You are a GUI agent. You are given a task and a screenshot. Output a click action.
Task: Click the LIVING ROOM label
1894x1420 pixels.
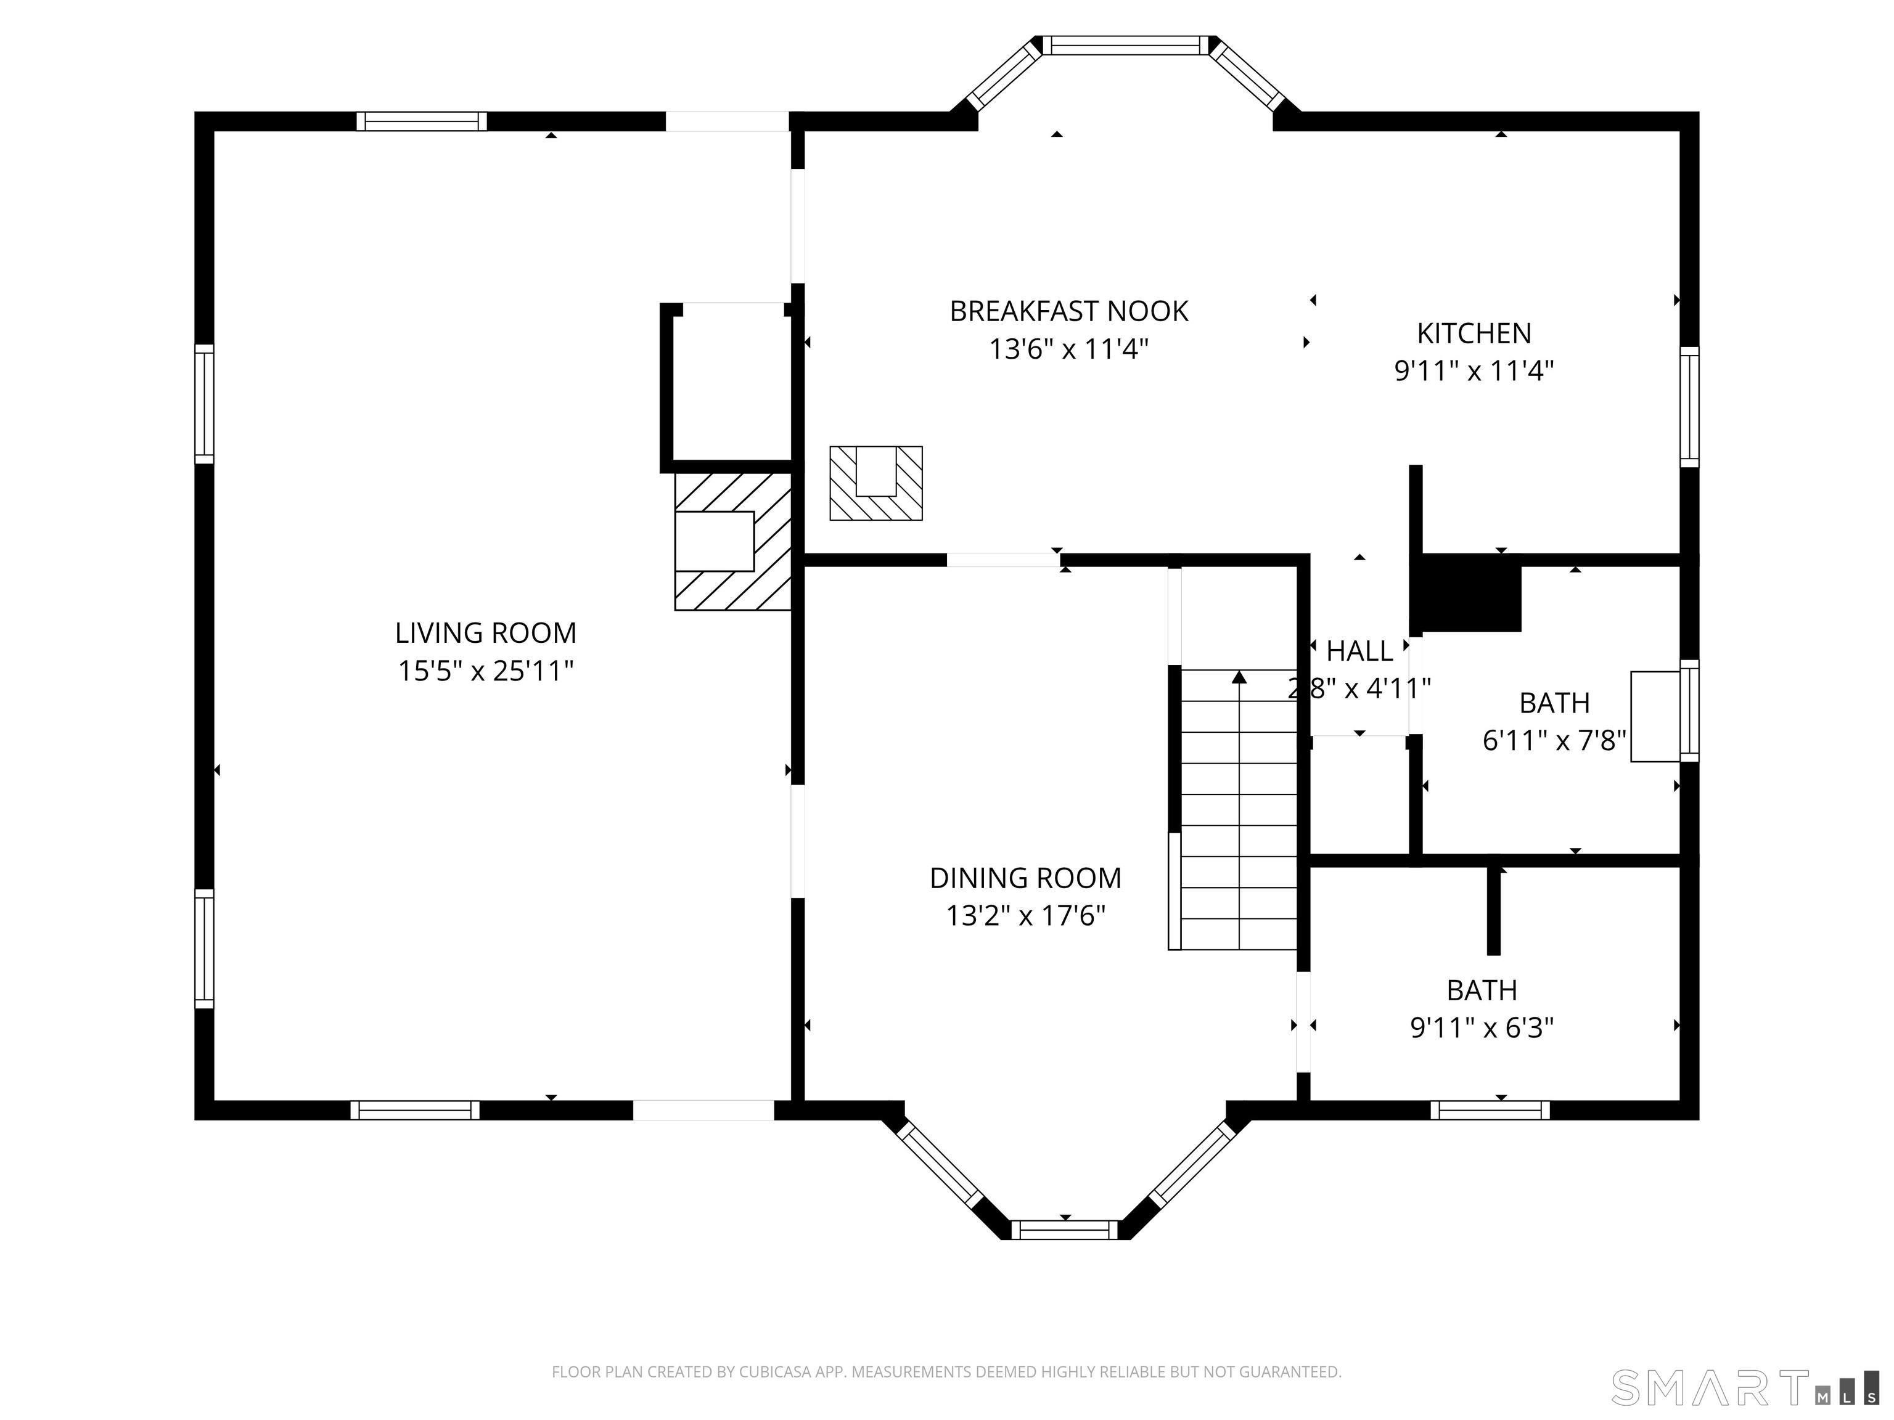click(x=485, y=634)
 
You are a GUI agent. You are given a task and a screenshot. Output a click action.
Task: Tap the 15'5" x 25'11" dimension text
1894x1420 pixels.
click(x=485, y=671)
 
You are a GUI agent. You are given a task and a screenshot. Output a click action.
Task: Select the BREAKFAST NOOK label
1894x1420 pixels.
click(x=1068, y=312)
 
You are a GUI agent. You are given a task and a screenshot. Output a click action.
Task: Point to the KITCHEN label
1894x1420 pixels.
click(x=1474, y=333)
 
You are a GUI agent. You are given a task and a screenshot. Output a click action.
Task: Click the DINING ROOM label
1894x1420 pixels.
click(x=1025, y=878)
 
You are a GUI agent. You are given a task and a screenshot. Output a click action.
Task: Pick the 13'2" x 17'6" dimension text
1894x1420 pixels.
click(x=1025, y=916)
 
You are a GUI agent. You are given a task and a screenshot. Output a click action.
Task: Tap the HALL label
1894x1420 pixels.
click(x=1359, y=651)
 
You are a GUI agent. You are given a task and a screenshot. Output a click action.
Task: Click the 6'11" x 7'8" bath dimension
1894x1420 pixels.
click(x=1554, y=740)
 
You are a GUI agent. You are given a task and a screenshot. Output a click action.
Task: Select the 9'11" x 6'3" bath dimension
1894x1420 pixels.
click(x=1482, y=1027)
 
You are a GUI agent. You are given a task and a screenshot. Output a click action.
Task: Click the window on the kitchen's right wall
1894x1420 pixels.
click(x=1689, y=407)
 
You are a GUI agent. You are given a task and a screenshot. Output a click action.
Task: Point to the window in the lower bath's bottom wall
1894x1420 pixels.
click(x=1490, y=1110)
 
